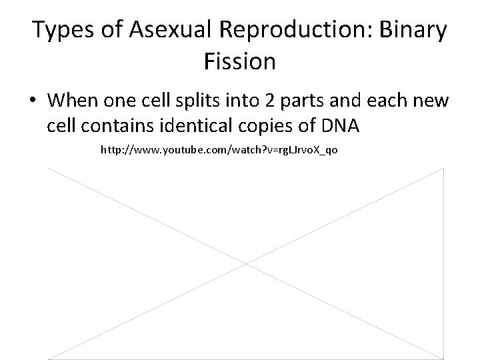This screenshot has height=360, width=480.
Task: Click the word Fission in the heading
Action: click(239, 62)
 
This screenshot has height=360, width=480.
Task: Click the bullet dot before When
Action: click(33, 101)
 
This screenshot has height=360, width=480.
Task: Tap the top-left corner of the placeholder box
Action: click(48, 169)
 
